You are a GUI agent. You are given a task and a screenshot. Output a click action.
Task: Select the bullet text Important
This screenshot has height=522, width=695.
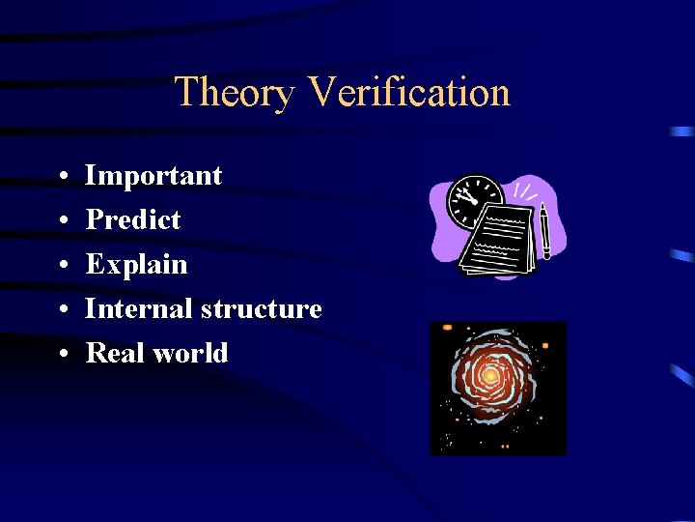(x=153, y=176)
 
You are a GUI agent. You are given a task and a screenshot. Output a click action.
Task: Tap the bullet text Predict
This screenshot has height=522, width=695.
(x=133, y=220)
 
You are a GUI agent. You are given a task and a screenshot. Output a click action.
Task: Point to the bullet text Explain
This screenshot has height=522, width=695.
(x=136, y=265)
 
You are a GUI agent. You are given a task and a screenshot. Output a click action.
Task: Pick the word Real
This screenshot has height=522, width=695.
(x=115, y=354)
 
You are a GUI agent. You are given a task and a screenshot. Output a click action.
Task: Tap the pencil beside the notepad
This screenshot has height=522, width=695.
(x=544, y=231)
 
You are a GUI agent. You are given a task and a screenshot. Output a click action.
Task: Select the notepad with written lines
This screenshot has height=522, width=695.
(x=496, y=239)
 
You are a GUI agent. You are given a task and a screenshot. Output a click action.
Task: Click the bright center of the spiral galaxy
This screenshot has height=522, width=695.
(x=490, y=375)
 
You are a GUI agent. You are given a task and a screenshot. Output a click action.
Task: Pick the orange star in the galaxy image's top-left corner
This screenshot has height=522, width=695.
(x=447, y=329)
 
